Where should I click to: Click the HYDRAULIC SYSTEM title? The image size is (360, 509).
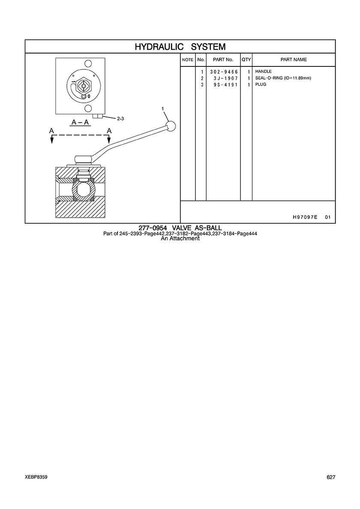(x=180, y=47)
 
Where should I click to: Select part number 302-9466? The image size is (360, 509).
(x=224, y=72)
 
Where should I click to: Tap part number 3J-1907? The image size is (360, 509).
(x=226, y=78)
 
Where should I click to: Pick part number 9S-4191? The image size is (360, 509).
(x=226, y=85)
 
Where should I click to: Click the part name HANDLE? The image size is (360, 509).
(x=264, y=72)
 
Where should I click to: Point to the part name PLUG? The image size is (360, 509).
(x=261, y=84)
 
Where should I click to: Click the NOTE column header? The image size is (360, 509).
(x=188, y=60)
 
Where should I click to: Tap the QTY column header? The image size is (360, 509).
(x=246, y=60)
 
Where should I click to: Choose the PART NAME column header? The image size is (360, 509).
(x=294, y=60)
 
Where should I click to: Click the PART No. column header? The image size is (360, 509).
(x=223, y=60)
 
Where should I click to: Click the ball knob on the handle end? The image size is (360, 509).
(x=171, y=126)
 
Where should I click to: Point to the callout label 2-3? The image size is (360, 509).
(x=120, y=119)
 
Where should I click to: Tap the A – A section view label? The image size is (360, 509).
(x=81, y=122)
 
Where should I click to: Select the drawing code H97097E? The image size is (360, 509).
(x=305, y=217)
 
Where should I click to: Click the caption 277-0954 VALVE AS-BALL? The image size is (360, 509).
(x=180, y=228)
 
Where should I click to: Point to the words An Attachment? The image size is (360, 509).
(x=180, y=239)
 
